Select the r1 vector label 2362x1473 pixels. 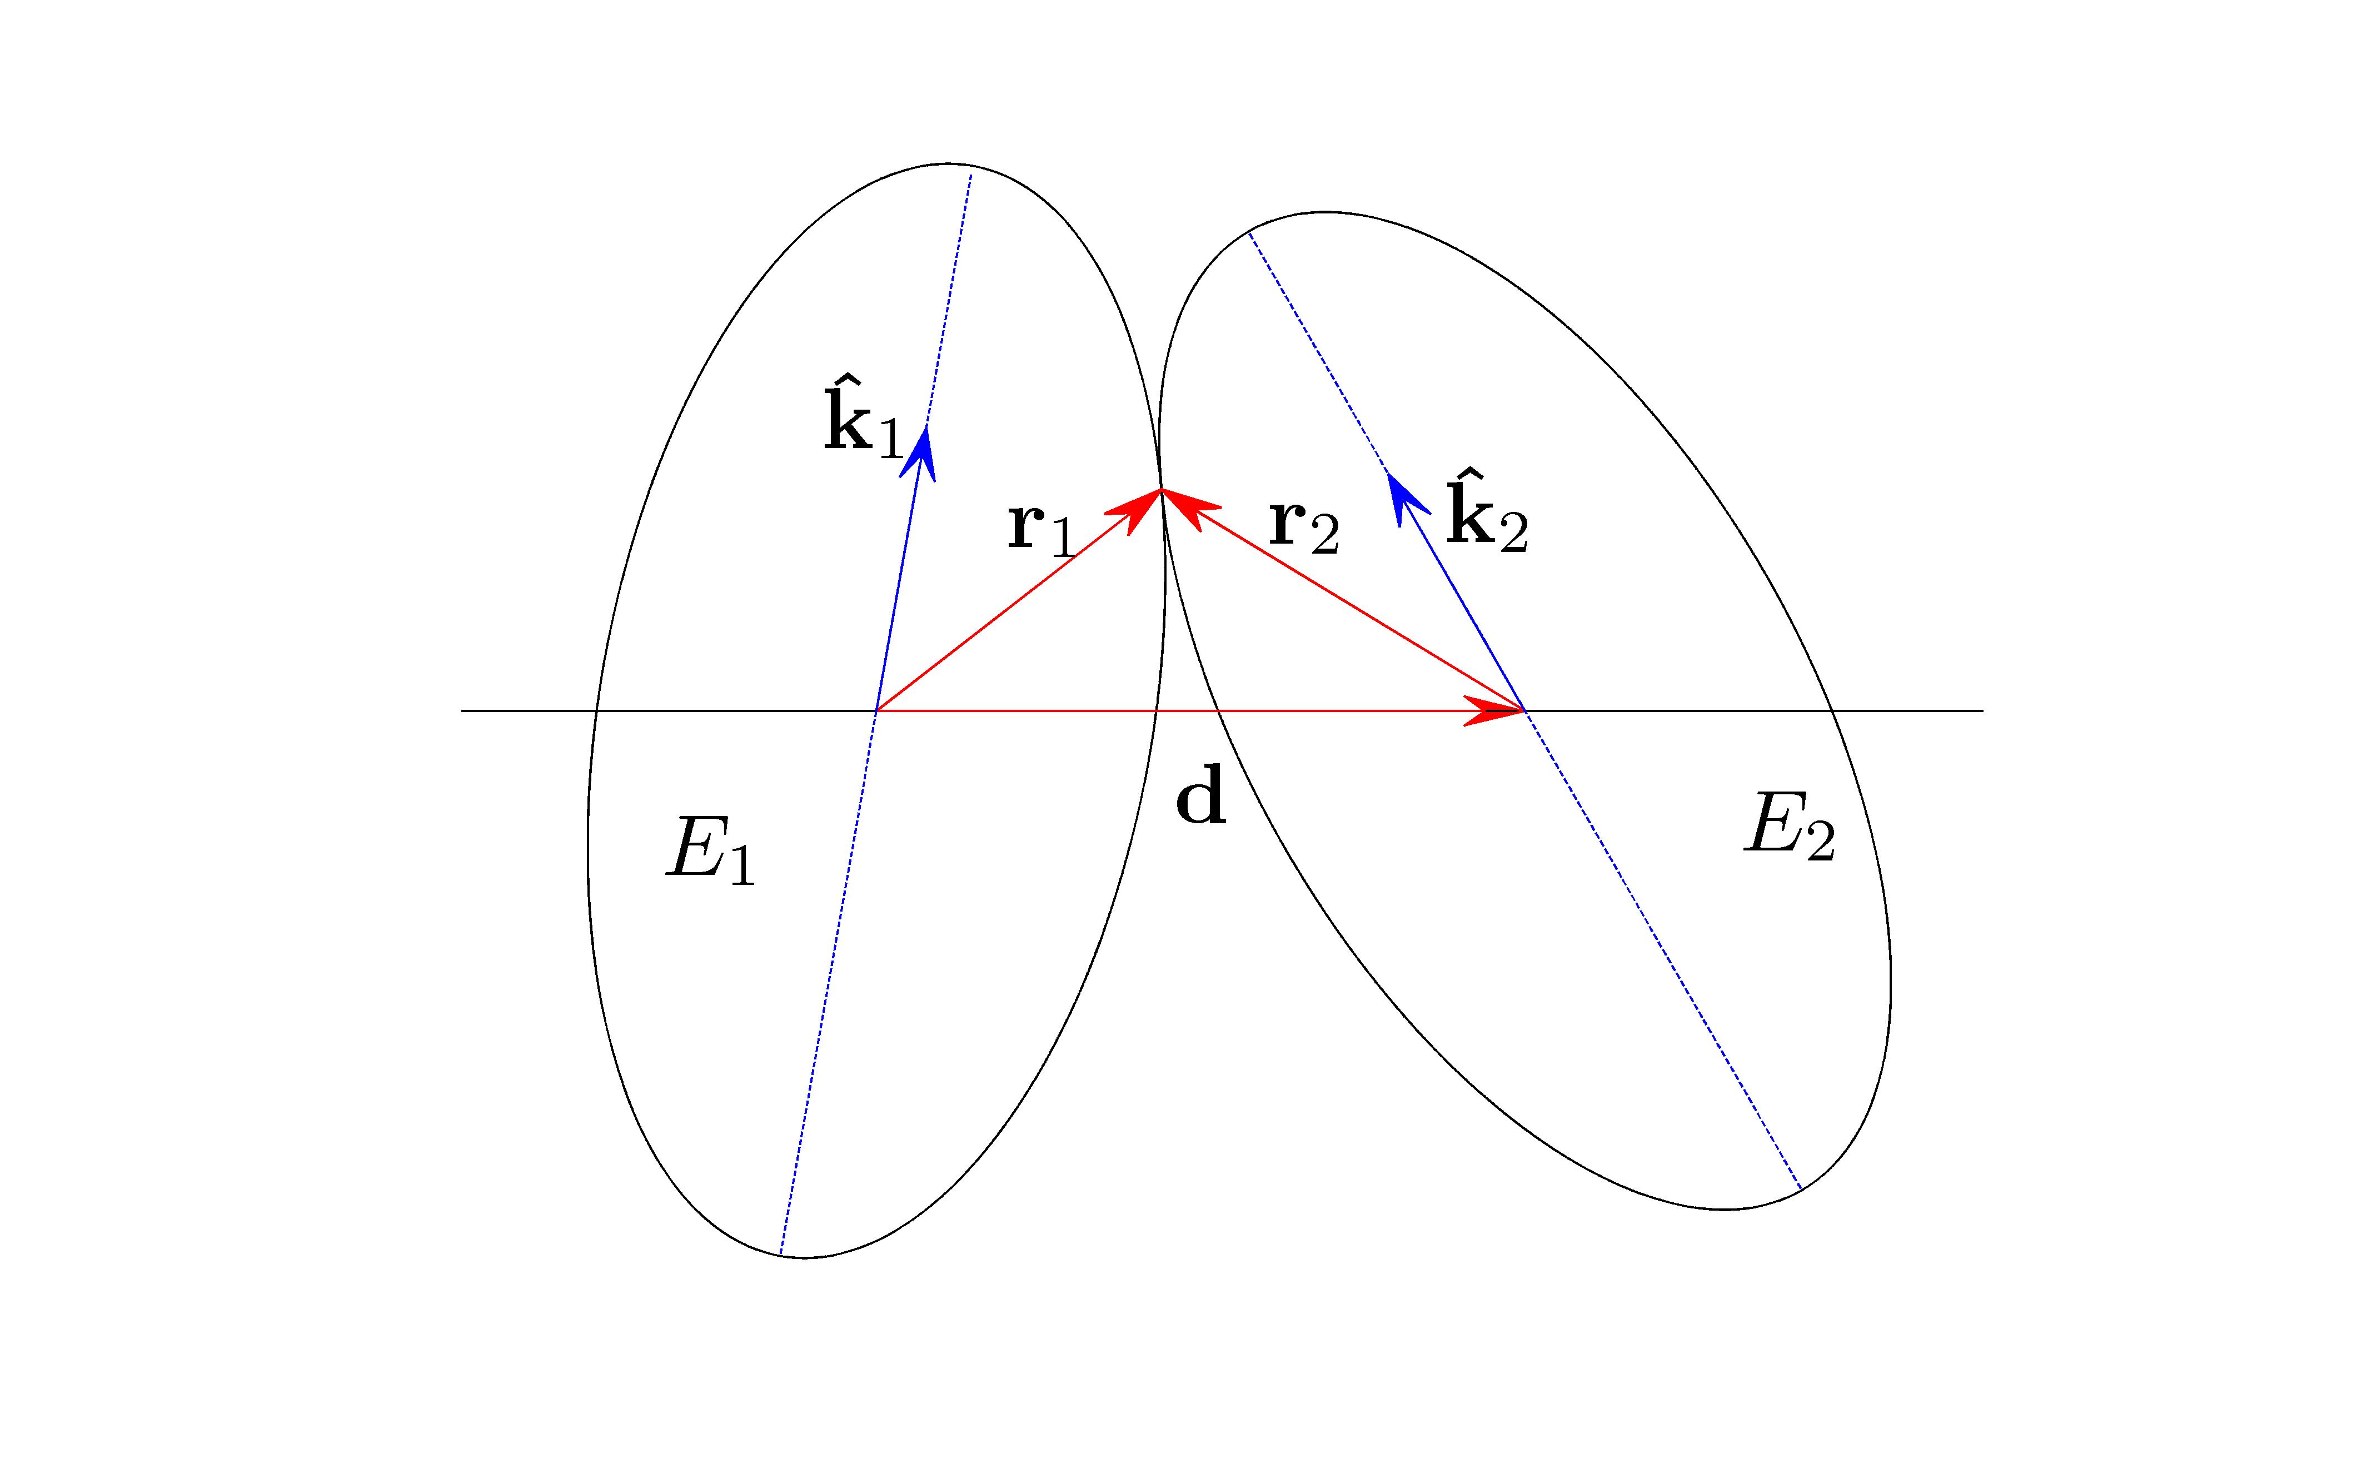click(x=1042, y=529)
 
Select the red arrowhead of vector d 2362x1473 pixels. click(x=1495, y=710)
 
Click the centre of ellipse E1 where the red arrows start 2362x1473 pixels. click(x=876, y=710)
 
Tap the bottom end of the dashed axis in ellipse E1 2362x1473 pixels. click(x=780, y=1254)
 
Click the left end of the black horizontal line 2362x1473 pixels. click(x=462, y=710)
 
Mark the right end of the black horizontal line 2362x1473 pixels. click(x=1983, y=710)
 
